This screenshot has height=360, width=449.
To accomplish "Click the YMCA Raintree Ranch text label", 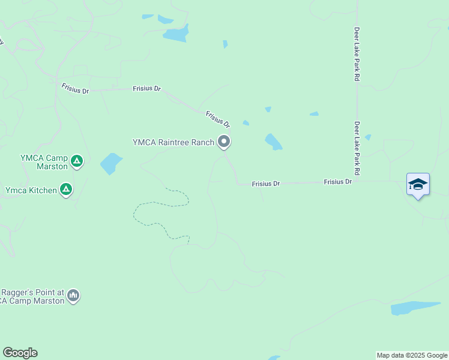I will pos(173,142).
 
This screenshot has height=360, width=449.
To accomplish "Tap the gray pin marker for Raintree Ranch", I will pos(224,142).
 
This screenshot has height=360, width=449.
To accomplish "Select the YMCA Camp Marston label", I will pos(44,162).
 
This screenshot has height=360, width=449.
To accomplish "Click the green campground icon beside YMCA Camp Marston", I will pos(76,161).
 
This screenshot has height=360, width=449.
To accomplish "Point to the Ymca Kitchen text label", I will pos(31,190).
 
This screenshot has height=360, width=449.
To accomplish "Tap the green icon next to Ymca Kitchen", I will pos(66,190).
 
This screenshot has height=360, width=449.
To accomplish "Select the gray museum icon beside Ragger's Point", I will pos(73,295).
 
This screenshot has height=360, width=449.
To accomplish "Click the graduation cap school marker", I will pos(418,184).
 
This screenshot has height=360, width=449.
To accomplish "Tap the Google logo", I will pos(20,353).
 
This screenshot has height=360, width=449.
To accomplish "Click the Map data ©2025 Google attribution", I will pos(412,355).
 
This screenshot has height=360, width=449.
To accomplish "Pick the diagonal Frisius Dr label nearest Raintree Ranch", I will pos(218,119).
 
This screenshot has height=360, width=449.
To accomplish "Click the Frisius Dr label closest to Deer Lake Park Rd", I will pos(337,181).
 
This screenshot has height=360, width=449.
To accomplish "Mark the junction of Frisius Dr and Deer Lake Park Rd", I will pos(357,181).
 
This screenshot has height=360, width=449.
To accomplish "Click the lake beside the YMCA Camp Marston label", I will pos(110,163).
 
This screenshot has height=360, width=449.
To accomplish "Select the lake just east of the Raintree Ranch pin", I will pos(273,142).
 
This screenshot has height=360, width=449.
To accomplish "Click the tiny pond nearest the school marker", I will pos(367,137).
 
